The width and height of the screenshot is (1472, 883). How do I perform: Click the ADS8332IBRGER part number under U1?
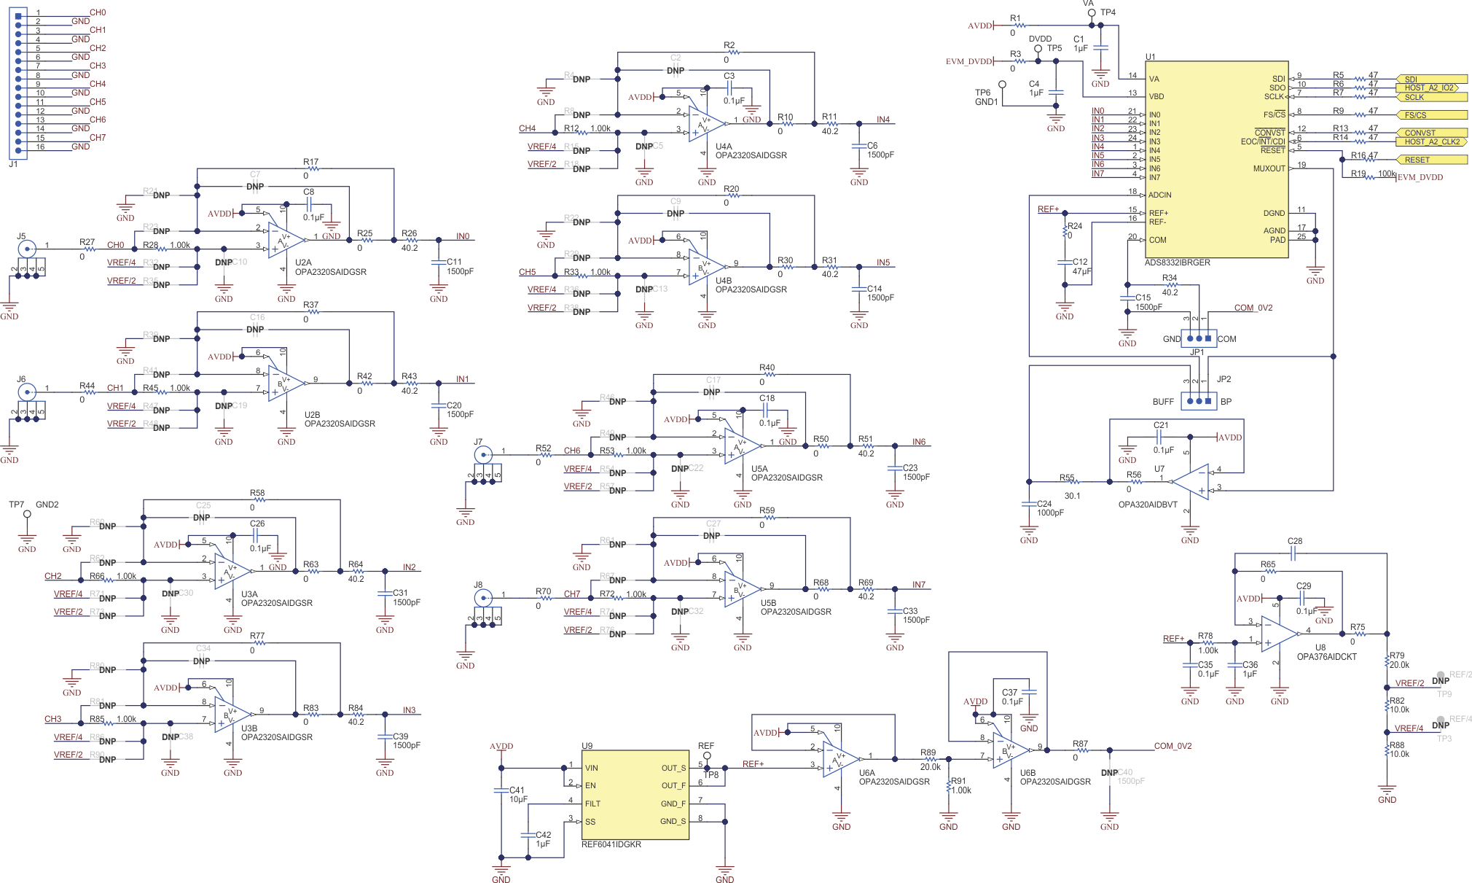tap(1177, 262)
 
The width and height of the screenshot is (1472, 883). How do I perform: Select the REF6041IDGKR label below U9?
tap(611, 844)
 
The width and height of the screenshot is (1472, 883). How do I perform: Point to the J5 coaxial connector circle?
tap(27, 249)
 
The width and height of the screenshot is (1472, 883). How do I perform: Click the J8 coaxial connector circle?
tap(482, 598)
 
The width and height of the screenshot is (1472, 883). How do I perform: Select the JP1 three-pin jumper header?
tap(1199, 338)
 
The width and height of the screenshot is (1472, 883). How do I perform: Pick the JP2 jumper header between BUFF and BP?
tap(1199, 401)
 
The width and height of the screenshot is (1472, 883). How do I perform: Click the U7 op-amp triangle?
tap(1191, 481)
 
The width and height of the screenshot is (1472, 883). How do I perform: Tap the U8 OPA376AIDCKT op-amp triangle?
tap(1279, 634)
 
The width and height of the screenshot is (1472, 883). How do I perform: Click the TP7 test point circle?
tap(27, 514)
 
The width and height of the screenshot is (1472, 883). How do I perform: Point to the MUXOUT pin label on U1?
tap(1269, 168)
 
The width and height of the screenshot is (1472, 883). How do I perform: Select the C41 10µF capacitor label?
tap(517, 794)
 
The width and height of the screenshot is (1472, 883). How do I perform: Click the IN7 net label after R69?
tap(918, 585)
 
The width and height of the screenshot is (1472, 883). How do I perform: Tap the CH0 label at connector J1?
tap(98, 12)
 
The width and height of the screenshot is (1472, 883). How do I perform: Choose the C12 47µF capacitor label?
tap(1081, 266)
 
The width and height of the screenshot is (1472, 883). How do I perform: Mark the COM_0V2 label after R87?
tap(1172, 746)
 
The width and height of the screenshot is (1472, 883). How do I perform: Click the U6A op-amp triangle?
tap(839, 760)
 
